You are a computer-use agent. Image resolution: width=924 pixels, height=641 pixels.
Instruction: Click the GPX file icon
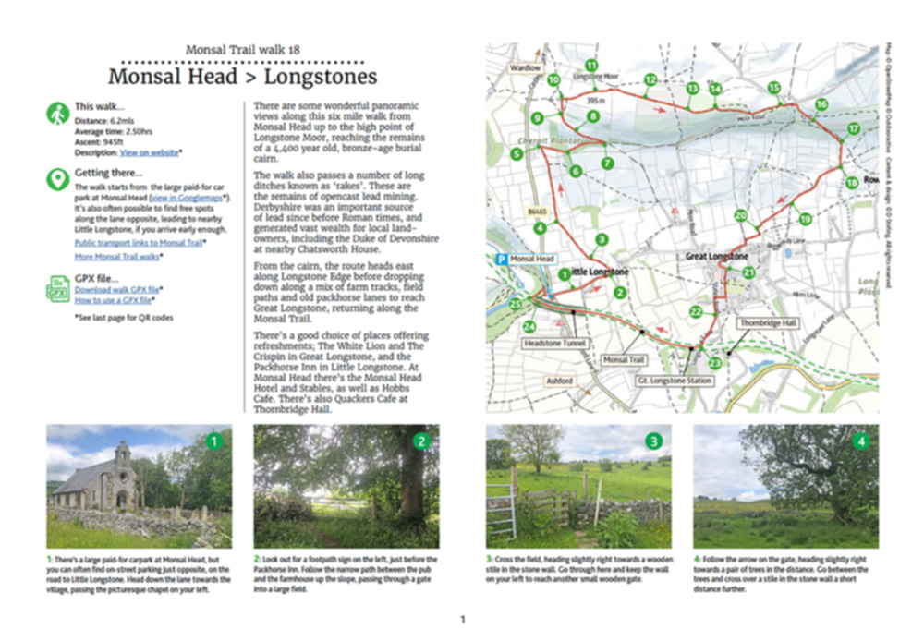[57, 289]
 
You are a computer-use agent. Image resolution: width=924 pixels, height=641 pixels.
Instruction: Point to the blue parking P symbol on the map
[500, 260]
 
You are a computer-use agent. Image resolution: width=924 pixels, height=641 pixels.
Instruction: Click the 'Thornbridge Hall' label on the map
[767, 323]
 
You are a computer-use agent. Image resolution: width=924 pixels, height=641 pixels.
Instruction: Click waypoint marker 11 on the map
[590, 66]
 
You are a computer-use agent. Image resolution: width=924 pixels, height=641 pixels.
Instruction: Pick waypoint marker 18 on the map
[851, 183]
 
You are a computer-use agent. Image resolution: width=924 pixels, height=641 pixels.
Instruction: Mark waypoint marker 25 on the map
[516, 305]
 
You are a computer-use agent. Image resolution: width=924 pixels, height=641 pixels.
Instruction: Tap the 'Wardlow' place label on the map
[524, 68]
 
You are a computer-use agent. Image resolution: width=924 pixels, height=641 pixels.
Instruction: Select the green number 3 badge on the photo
[654, 441]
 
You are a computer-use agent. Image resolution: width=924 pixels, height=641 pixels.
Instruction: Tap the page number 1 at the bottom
[463, 620]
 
